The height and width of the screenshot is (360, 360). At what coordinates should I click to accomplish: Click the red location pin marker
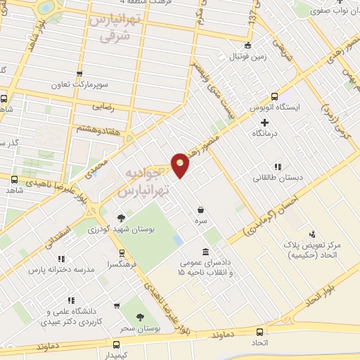[x=181, y=165]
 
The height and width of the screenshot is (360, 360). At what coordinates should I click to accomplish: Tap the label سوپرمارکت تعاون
[x=79, y=84]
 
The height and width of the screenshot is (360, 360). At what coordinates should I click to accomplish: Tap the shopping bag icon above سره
[x=202, y=210]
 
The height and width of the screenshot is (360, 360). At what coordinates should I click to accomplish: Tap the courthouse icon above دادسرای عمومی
[x=205, y=252]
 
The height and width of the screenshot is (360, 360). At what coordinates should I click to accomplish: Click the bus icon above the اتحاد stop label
[x=261, y=331]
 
